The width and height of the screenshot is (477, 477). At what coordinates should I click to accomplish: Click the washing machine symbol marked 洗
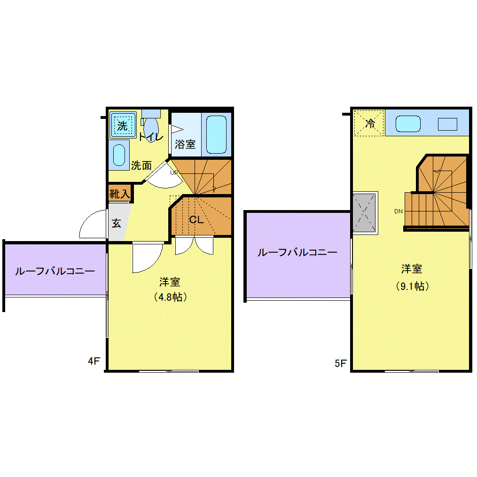[x=123, y=125]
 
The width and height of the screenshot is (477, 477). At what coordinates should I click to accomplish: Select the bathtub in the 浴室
[x=216, y=134]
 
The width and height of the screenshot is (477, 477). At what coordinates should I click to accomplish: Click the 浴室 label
[x=185, y=144]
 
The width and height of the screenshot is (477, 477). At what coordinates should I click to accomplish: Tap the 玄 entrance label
[x=116, y=223]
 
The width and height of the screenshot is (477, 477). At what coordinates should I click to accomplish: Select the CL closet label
[x=196, y=219]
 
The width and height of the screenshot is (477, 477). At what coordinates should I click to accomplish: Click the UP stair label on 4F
[x=174, y=172]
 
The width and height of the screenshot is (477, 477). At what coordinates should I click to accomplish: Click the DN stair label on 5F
[x=399, y=211]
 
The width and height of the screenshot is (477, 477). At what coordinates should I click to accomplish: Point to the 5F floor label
[x=340, y=363]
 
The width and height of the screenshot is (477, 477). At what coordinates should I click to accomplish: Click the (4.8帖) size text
[x=170, y=297]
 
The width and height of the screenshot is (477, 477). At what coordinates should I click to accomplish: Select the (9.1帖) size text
[x=412, y=286]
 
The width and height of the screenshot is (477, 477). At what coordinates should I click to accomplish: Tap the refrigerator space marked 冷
[x=369, y=124]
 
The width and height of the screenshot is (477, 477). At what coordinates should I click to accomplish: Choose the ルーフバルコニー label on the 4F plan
[x=55, y=271]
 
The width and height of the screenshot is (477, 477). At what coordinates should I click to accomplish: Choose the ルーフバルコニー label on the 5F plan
[x=297, y=252]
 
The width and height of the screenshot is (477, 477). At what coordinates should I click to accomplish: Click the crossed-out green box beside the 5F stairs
[x=365, y=212]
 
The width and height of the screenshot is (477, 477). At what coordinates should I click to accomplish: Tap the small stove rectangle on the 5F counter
[x=447, y=124]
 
